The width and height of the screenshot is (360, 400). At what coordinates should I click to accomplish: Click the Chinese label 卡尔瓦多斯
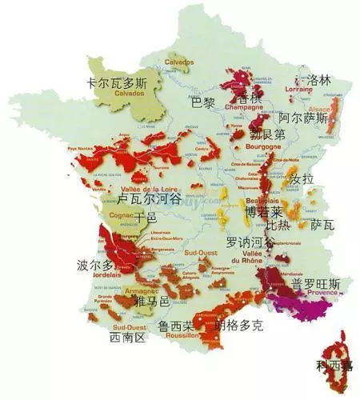(x=118, y=82)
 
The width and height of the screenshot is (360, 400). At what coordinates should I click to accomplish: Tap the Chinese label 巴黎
(x=203, y=102)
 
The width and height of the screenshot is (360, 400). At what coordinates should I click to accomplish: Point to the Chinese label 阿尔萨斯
(x=302, y=117)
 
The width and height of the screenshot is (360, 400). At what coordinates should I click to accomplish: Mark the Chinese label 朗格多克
(x=239, y=326)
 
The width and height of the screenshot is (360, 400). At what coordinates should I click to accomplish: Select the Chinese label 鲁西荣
(x=175, y=326)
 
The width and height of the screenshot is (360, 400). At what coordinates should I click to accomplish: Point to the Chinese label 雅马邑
(x=152, y=302)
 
